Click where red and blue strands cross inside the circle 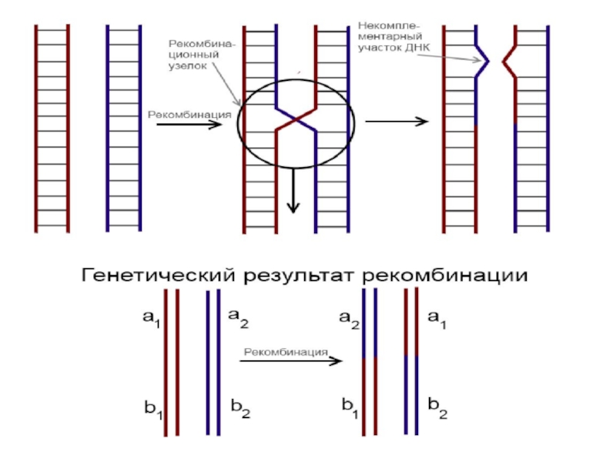[x=296, y=122]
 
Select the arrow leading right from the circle [x=396, y=122]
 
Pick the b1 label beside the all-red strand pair [x=153, y=408]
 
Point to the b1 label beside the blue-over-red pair [x=349, y=405]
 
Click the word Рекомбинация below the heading [x=286, y=353]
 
